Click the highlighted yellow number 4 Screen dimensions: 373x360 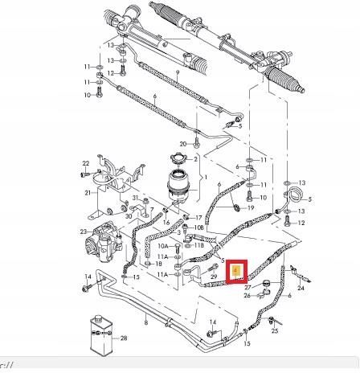pos(235,271)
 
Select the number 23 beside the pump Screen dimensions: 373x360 pos(83,233)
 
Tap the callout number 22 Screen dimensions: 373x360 pos(84,164)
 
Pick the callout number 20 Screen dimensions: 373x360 pos(183,143)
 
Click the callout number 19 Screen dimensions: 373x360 pos(252,207)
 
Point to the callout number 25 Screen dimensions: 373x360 pos(275,330)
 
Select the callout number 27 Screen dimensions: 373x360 pos(248,285)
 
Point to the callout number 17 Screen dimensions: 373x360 pos(198,217)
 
